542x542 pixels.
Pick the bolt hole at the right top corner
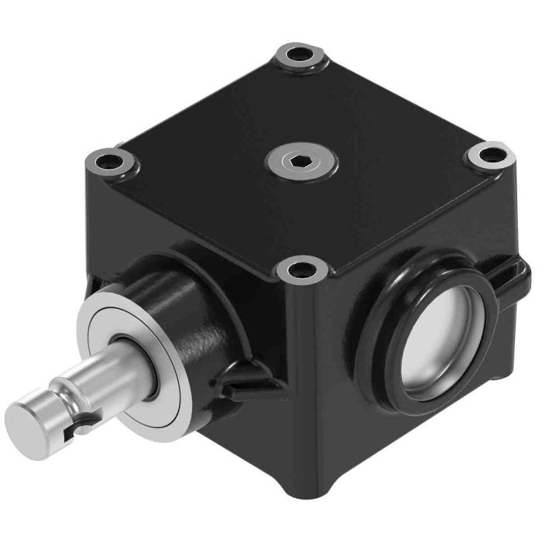[490, 155]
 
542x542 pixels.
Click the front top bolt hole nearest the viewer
[300, 271]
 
